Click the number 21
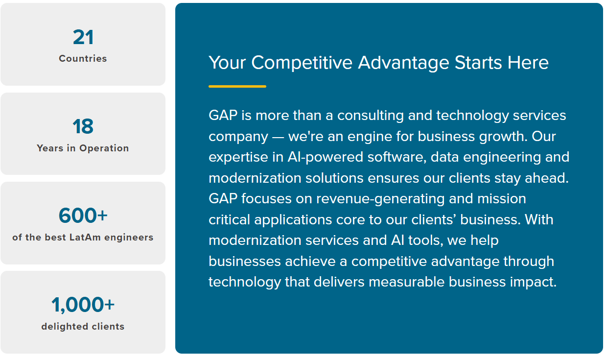click(83, 38)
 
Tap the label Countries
click(83, 58)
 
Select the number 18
click(83, 127)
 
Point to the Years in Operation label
click(83, 148)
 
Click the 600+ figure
click(83, 216)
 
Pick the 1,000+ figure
click(83, 305)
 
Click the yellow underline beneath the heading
click(237, 87)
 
